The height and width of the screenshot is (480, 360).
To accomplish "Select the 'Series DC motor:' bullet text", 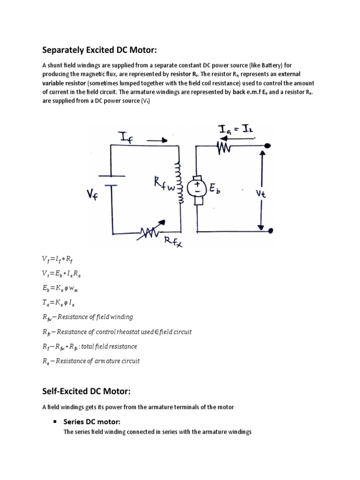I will tap(92, 422).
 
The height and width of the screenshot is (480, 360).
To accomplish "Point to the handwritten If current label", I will tap(126, 137).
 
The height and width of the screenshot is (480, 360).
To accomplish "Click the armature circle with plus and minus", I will tap(197, 188).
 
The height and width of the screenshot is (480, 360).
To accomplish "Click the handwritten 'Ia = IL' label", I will tap(234, 129).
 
